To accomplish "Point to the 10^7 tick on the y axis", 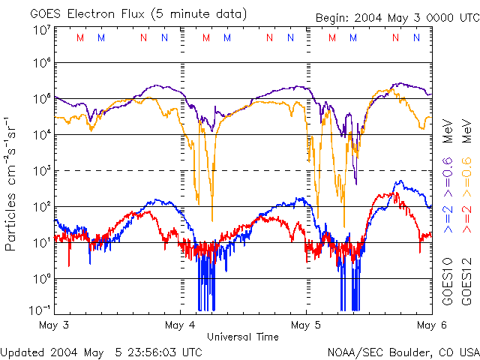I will point(41,30).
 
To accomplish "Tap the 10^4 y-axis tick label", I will point(41,135).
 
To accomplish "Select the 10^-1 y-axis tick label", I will point(41,310).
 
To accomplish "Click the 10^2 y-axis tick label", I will point(41,207).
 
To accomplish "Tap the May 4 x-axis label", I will point(181,325).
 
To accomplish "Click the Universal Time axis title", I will point(242,337).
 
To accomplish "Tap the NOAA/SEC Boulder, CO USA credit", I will point(403,352).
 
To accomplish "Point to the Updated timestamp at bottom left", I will point(101,352).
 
